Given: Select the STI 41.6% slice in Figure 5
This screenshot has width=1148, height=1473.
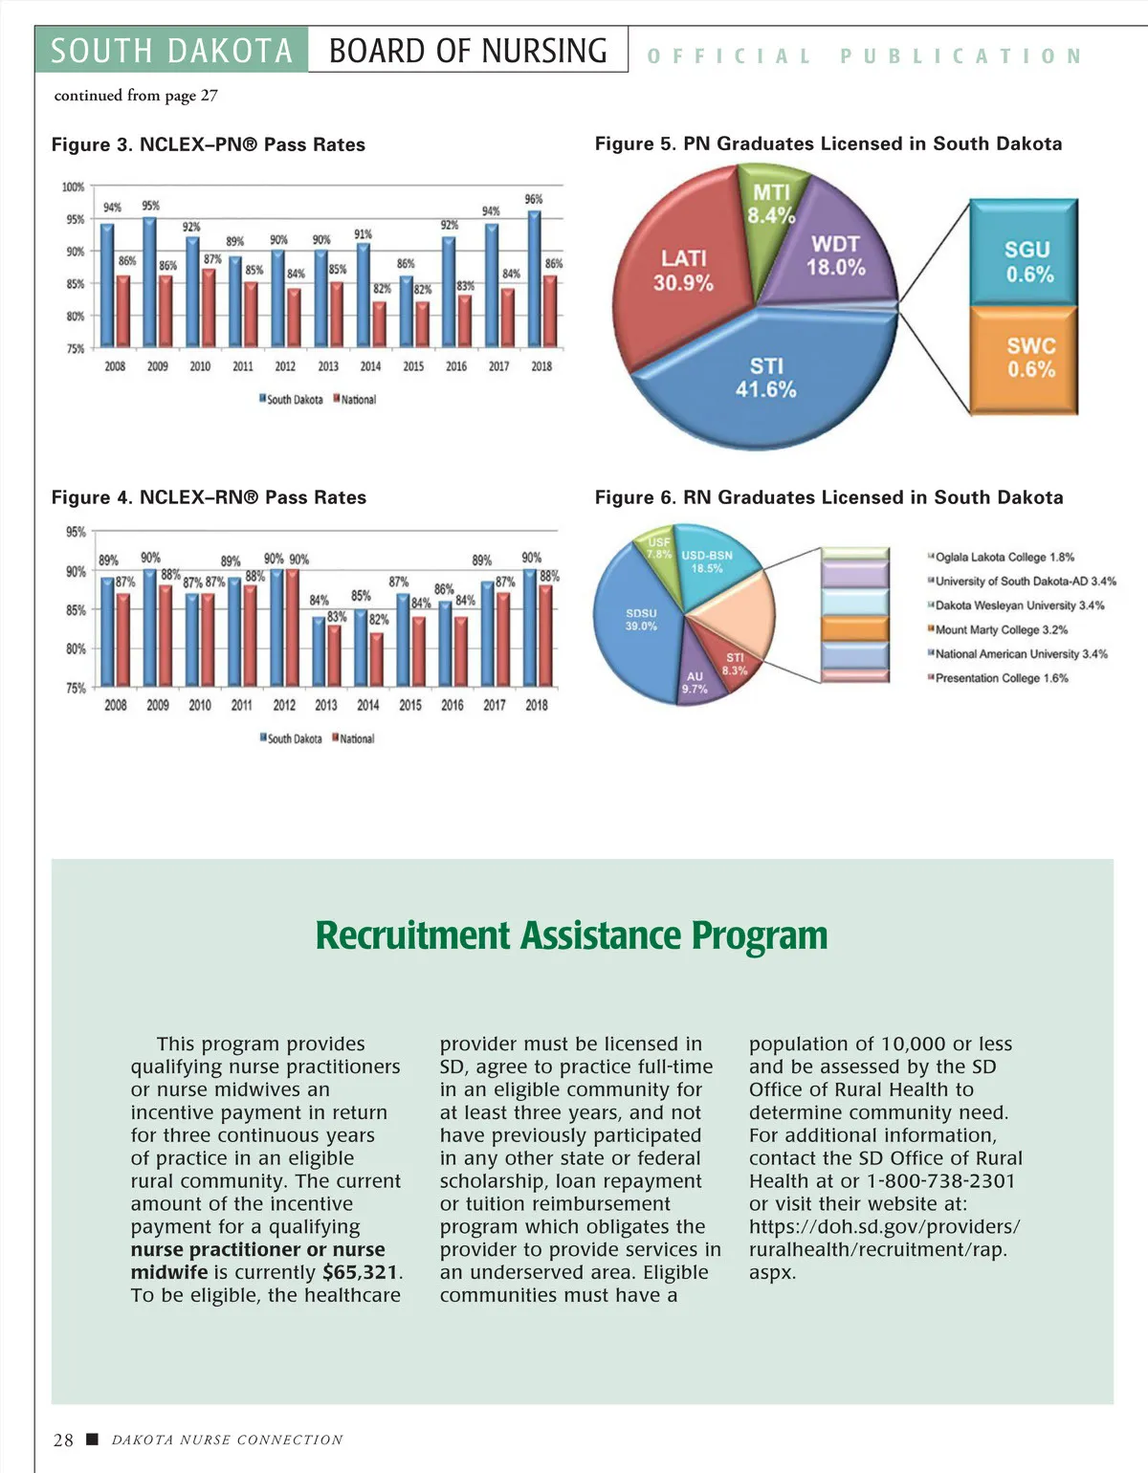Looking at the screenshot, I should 765,379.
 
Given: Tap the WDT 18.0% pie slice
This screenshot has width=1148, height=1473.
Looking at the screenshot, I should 835,256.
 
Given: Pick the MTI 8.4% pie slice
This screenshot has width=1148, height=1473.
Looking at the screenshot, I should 771,205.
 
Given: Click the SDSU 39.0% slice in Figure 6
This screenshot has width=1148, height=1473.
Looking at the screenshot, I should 640,619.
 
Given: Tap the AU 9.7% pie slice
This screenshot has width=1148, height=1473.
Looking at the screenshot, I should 695,682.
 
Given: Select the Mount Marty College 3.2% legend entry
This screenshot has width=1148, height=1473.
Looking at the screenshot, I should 999,629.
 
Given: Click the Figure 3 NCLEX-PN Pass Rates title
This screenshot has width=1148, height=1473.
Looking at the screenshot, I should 209,144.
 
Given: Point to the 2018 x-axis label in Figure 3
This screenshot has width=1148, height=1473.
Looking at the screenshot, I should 541,366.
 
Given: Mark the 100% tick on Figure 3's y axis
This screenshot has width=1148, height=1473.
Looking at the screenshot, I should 74,187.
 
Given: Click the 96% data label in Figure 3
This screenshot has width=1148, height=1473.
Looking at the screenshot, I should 534,199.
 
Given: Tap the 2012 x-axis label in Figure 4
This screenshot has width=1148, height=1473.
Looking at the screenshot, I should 284,705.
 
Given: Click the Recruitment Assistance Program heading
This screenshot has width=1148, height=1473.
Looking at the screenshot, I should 572,935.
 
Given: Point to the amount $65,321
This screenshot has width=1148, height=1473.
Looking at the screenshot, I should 361,1272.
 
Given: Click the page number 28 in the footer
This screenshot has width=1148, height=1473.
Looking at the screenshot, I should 63,1440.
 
